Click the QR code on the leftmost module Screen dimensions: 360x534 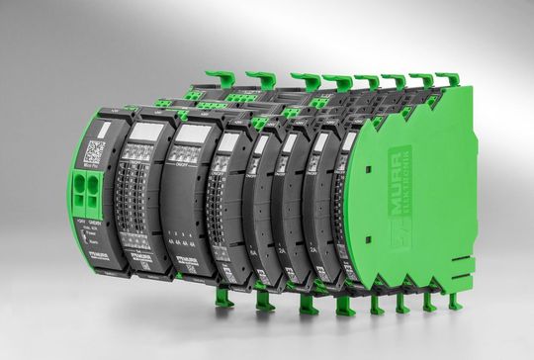coord(94,153)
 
